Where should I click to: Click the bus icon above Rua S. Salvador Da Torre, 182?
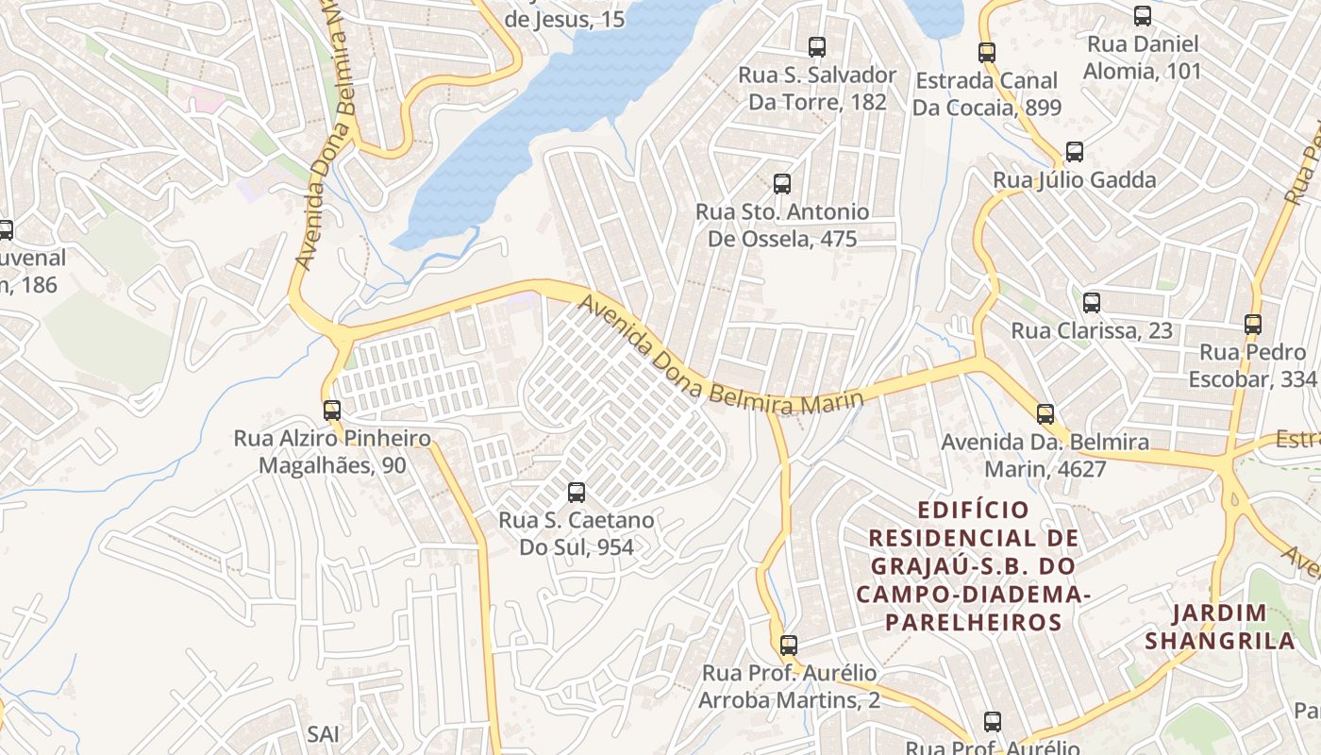tap(817, 46)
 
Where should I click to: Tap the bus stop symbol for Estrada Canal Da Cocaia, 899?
tap(987, 53)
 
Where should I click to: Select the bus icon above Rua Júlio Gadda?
tap(1074, 152)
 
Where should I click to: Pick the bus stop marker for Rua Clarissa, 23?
tap(1092, 303)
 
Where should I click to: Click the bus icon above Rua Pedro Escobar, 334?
tap(1253, 325)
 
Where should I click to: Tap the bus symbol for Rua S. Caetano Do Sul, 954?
tap(577, 492)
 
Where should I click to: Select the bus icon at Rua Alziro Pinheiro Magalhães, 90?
tap(332, 411)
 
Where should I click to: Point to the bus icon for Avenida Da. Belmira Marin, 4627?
tap(1045, 413)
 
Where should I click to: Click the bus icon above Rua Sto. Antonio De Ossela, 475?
tap(782, 184)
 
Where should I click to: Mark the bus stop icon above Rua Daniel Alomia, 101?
tap(1143, 16)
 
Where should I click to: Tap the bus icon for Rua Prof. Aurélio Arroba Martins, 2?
tap(789, 646)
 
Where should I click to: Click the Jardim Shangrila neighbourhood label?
tap(1219, 627)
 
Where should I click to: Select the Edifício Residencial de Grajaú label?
tap(974, 566)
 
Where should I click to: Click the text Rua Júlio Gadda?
tap(1074, 179)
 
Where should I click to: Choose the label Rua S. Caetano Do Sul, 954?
tap(577, 533)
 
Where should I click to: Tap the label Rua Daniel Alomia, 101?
tap(1143, 58)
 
